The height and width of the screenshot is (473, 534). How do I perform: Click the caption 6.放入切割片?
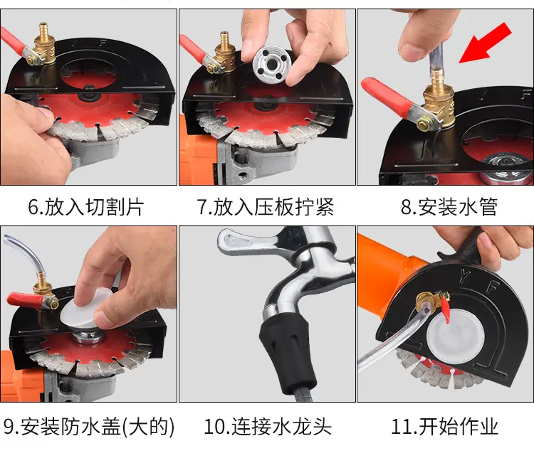point(86,207)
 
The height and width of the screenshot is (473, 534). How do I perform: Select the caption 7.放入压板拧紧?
point(266,207)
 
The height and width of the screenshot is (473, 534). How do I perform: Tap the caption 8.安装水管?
point(449,207)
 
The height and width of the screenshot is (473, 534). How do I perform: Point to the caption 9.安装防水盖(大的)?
point(89,426)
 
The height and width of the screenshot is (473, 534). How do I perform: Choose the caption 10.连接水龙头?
point(268,426)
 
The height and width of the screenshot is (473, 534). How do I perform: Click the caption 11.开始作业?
point(445,426)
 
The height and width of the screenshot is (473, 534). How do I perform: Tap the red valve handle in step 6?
point(14,41)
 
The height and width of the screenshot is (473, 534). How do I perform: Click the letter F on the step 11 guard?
point(493,286)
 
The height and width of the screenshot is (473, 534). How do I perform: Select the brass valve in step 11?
point(428,300)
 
